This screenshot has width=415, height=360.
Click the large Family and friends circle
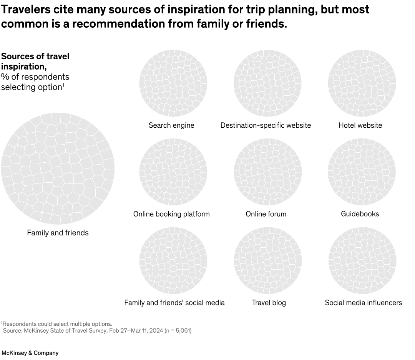58,168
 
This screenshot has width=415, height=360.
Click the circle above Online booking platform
173,172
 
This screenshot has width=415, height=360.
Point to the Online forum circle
267,172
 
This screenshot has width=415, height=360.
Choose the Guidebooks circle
362,172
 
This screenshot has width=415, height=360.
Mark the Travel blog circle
267,261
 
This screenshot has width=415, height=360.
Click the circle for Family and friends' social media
173,261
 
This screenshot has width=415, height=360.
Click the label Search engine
171,125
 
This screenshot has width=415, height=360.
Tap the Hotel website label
360,125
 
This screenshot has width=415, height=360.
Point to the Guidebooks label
360,214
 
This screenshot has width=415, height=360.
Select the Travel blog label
269,303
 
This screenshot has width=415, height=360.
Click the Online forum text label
266,214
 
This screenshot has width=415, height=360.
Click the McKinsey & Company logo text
30,353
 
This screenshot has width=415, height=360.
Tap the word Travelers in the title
26,10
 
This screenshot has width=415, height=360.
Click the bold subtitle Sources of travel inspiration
35,61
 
